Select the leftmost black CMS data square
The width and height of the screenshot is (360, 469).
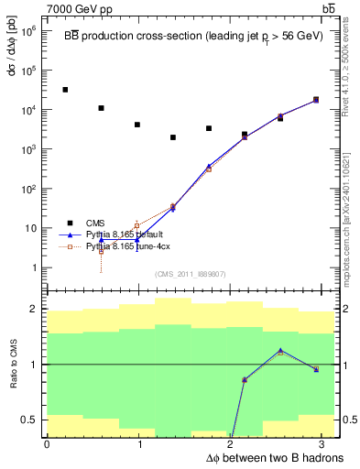click(65, 90)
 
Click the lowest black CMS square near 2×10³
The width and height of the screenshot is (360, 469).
click(173, 137)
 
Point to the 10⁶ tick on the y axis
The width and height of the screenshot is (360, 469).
click(30, 30)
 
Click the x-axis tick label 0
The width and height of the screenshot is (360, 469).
click(47, 444)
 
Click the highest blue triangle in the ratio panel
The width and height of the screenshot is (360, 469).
click(280, 350)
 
